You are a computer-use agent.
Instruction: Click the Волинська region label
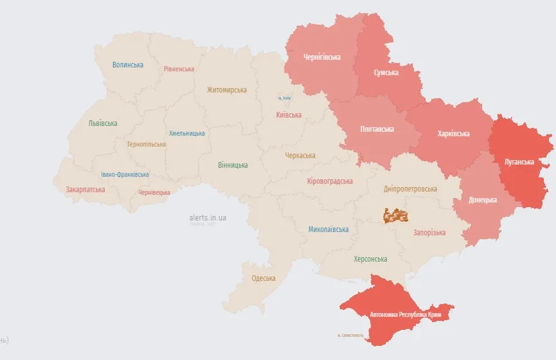point(128,65)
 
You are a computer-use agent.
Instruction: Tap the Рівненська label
point(179,69)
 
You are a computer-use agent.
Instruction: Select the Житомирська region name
point(226,90)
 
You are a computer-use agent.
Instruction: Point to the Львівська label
point(103,123)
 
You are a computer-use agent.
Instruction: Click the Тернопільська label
point(146,144)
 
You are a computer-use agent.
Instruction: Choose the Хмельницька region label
point(187,133)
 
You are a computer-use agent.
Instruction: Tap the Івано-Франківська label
point(125,174)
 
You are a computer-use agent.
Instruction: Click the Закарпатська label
point(85,190)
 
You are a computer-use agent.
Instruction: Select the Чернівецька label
point(154,192)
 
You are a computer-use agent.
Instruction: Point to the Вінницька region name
point(233,165)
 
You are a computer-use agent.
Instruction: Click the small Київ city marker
point(284,98)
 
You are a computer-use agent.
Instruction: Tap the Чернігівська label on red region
point(321,57)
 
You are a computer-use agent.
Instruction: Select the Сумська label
point(386,73)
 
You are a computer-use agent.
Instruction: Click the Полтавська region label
point(377,129)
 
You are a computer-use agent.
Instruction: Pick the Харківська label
point(453,134)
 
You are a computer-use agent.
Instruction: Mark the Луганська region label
point(518,162)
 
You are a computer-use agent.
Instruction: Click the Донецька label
point(483,200)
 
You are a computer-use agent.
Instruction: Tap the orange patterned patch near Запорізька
point(396,215)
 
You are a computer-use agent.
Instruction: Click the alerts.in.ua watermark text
point(208,218)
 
